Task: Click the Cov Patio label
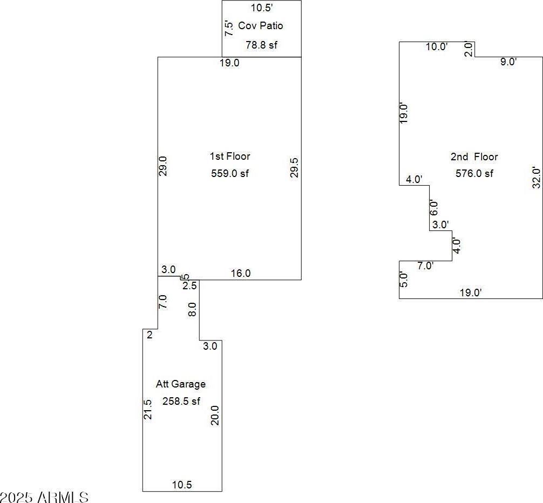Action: point(260,25)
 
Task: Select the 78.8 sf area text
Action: point(261,45)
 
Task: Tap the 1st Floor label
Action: point(230,156)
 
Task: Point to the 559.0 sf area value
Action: point(230,173)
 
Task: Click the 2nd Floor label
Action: point(474,157)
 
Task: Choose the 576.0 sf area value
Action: point(474,173)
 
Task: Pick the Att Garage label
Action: point(181,384)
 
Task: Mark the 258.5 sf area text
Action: point(181,401)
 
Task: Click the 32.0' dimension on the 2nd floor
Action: point(536,178)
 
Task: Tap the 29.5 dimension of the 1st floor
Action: point(294,167)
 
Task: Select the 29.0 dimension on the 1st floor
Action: point(163,166)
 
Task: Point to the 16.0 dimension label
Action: point(241,273)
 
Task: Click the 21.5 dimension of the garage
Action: point(148,409)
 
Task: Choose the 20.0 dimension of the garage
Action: point(215,415)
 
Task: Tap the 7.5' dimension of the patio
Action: point(229,29)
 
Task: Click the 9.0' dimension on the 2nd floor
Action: point(508,62)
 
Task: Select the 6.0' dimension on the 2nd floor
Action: point(434,208)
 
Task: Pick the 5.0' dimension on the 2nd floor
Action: point(404,280)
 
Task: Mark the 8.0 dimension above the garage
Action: point(193,309)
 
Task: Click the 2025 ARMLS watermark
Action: point(44,498)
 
